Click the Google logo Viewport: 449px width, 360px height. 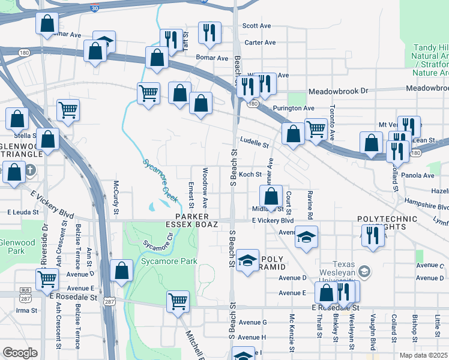(20, 353)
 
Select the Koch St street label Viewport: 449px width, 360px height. (250, 175)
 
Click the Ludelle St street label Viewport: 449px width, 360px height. (255, 143)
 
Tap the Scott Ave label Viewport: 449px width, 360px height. (257, 26)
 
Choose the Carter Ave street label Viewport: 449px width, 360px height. (260, 43)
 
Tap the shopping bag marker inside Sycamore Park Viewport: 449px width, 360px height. (122, 269)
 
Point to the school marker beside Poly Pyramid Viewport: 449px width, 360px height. (246, 259)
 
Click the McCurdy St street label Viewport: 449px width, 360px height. (116, 192)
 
